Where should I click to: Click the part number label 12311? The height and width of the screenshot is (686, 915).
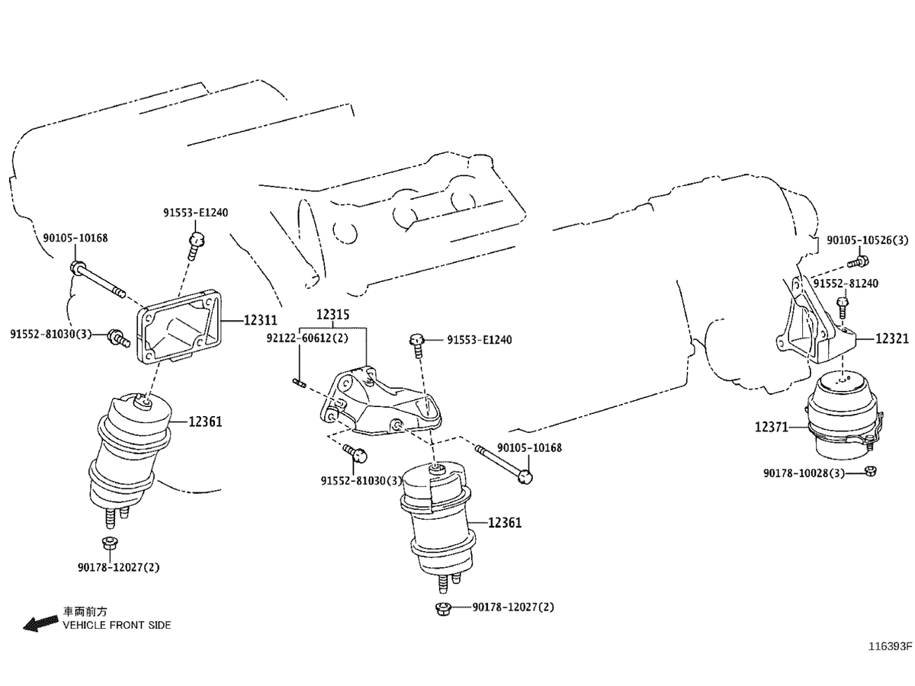click(x=260, y=321)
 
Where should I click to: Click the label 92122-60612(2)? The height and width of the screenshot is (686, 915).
click(x=307, y=338)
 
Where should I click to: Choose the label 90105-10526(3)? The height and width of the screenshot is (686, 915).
click(x=868, y=240)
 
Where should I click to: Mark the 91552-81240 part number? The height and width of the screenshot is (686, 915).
click(x=845, y=284)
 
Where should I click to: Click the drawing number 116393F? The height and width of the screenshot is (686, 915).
click(x=888, y=646)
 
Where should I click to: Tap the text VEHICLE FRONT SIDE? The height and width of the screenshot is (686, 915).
click(x=117, y=625)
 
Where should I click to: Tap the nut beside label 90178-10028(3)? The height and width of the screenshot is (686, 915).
click(x=870, y=472)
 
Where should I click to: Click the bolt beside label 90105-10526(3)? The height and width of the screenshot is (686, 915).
click(x=856, y=263)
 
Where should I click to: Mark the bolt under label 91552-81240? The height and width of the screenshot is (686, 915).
click(x=842, y=306)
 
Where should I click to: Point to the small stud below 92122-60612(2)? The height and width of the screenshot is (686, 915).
click(x=299, y=383)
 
